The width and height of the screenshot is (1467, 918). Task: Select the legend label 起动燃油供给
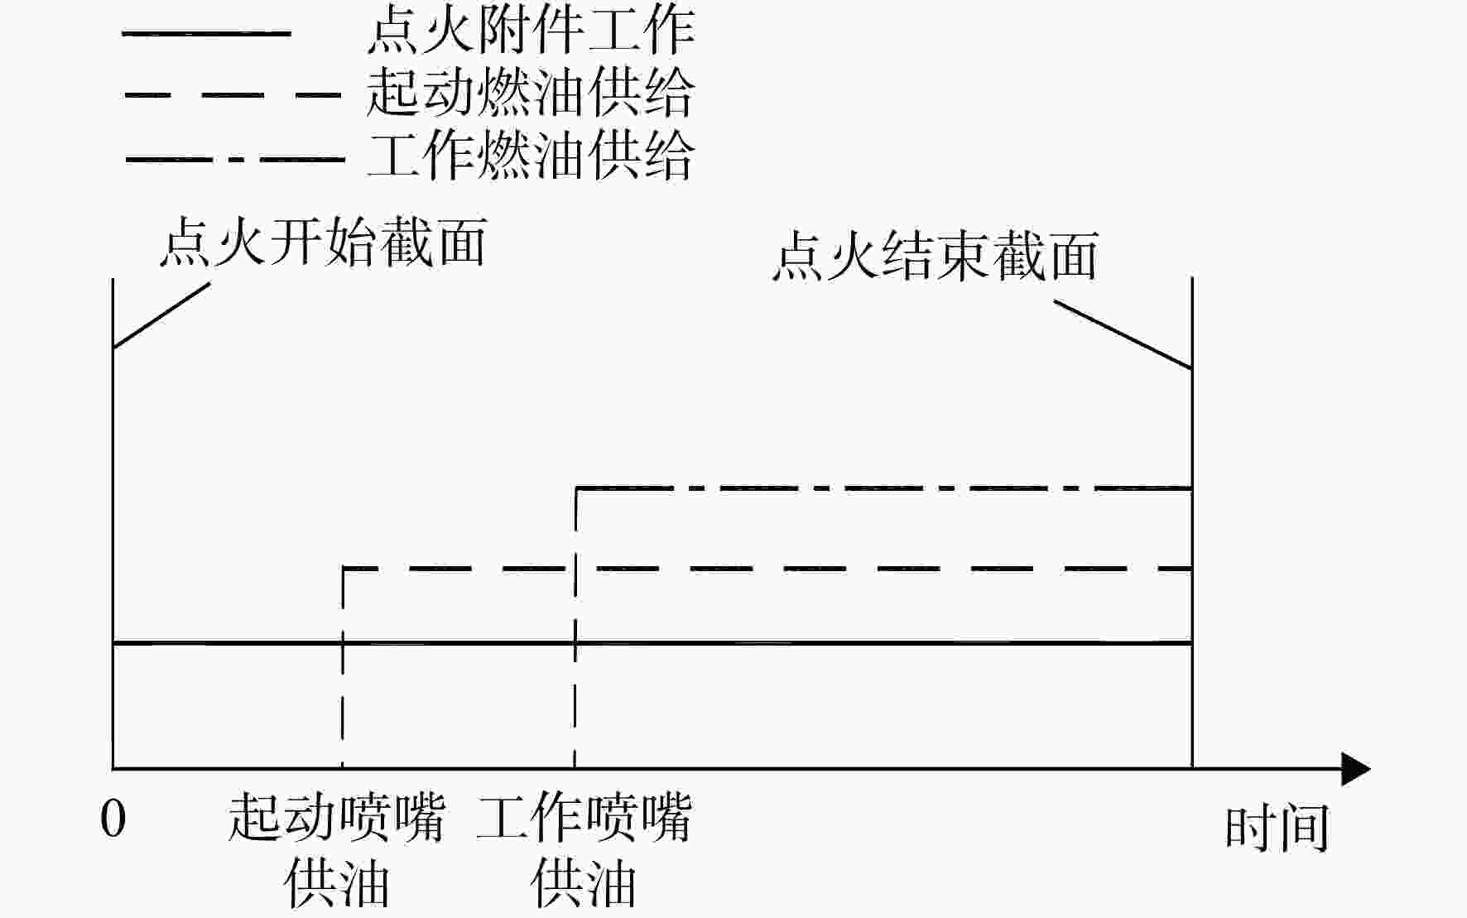[x=531, y=92]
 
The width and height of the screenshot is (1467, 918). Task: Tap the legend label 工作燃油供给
[x=531, y=155]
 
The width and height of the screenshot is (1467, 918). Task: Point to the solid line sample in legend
[x=206, y=34]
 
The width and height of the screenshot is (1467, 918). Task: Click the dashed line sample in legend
[x=233, y=95]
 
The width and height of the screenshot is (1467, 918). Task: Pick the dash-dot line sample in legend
[x=235, y=158]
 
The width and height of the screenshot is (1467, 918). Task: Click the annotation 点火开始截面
[x=323, y=242]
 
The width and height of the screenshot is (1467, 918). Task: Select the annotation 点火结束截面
[x=936, y=255]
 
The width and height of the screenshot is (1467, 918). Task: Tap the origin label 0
[x=113, y=819]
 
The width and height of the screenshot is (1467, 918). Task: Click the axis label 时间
[x=1277, y=828]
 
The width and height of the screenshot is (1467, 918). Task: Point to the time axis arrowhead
[x=1355, y=769]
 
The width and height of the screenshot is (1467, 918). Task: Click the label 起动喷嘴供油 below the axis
[x=337, y=851]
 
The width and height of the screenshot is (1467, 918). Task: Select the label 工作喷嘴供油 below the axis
[x=584, y=851]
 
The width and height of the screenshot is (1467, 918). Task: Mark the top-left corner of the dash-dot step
[x=576, y=489]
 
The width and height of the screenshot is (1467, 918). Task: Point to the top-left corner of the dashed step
[x=344, y=569]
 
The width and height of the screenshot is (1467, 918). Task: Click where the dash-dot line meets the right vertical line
[x=1192, y=489]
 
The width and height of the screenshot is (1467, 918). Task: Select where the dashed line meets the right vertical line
[x=1192, y=569]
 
